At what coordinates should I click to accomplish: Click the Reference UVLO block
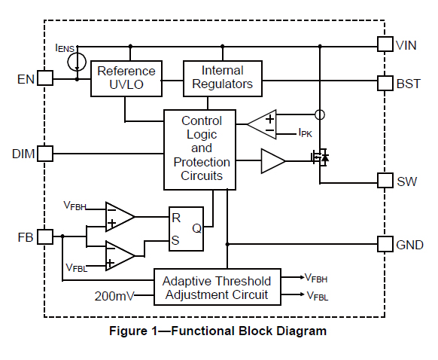[x=126, y=78]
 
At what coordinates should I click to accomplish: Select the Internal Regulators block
[x=223, y=78]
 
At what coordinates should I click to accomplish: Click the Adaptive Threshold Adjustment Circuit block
[x=217, y=287]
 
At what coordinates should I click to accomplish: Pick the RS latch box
[x=186, y=227]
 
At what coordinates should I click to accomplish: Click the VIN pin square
[x=385, y=45]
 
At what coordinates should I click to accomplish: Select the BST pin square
[x=385, y=83]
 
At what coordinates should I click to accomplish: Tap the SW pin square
[x=385, y=182]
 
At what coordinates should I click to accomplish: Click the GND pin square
[x=385, y=244]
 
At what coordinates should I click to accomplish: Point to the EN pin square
[x=45, y=78]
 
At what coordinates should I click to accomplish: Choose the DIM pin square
[x=45, y=153]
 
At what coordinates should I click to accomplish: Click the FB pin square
[x=45, y=236]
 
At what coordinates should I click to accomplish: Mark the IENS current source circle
[x=77, y=62]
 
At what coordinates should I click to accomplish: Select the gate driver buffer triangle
[x=272, y=160]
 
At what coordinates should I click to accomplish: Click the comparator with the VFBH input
[x=119, y=216]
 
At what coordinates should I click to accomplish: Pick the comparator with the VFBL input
[x=119, y=255]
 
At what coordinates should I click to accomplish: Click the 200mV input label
[x=114, y=296]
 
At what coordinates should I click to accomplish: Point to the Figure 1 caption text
[x=218, y=331]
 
